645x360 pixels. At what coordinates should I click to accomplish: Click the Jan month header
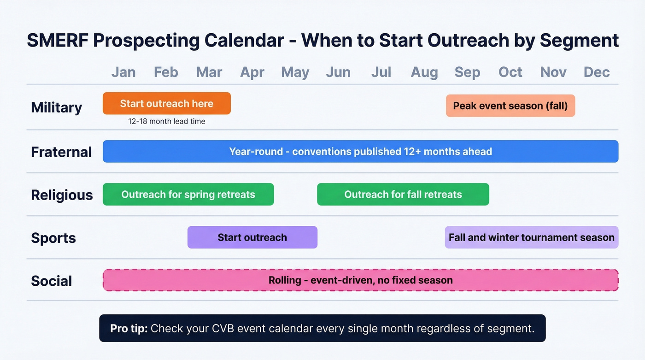click(x=123, y=72)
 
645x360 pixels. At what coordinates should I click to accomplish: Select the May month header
click(x=295, y=72)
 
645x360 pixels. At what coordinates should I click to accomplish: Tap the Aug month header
click(x=424, y=72)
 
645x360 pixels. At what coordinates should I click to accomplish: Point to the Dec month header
click(x=597, y=72)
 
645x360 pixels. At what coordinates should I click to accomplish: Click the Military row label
click(x=56, y=107)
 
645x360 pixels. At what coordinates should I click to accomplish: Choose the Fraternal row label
click(x=61, y=152)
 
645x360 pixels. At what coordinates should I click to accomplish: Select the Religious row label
click(x=62, y=195)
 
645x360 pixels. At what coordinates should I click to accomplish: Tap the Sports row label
click(x=53, y=238)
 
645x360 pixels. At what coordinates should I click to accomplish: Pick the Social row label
click(x=52, y=281)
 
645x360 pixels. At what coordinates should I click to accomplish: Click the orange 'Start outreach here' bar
click(x=166, y=103)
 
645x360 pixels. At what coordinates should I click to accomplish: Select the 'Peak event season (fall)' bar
click(x=510, y=106)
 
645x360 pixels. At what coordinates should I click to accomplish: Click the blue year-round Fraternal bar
click(x=360, y=151)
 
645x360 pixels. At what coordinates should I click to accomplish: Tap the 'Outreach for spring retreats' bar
click(x=188, y=194)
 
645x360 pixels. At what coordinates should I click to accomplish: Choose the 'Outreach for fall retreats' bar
click(x=403, y=194)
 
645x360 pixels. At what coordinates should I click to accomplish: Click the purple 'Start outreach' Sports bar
click(x=252, y=237)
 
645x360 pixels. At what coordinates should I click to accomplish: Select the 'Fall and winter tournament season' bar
click(x=531, y=237)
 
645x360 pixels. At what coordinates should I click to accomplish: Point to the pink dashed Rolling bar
click(x=360, y=280)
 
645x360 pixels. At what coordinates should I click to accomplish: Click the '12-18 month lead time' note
click(x=166, y=122)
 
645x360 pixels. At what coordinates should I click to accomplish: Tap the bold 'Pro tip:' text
click(x=129, y=329)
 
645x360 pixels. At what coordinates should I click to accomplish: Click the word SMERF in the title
click(x=57, y=41)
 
